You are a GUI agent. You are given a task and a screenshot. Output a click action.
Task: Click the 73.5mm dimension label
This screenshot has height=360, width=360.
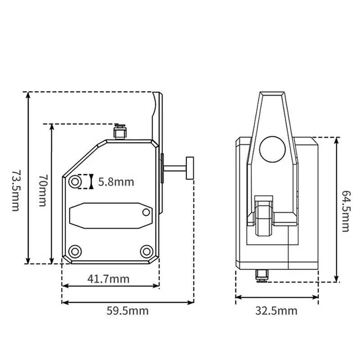click(15, 190)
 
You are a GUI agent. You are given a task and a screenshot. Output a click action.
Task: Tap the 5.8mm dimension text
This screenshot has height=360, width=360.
click(116, 182)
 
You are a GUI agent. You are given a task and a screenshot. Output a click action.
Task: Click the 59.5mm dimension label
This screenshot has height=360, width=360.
click(127, 310)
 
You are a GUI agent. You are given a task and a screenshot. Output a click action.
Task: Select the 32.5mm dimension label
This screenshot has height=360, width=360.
click(276, 310)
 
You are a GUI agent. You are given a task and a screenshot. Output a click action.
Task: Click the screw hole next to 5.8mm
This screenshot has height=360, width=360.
click(75, 182)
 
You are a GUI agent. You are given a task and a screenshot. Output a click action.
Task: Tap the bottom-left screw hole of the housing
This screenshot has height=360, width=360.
click(74, 251)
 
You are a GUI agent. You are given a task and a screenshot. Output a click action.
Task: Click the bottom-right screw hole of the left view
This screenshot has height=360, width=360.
click(146, 251)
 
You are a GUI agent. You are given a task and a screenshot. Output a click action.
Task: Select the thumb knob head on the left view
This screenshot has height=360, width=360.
click(190, 167)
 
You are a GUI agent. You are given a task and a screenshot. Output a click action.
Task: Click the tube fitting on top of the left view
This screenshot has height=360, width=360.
click(120, 133)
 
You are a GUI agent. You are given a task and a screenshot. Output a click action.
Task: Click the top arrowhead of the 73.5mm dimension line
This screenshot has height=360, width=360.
click(28, 94)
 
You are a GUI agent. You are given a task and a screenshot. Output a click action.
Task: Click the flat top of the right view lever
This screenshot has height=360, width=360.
click(273, 94)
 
